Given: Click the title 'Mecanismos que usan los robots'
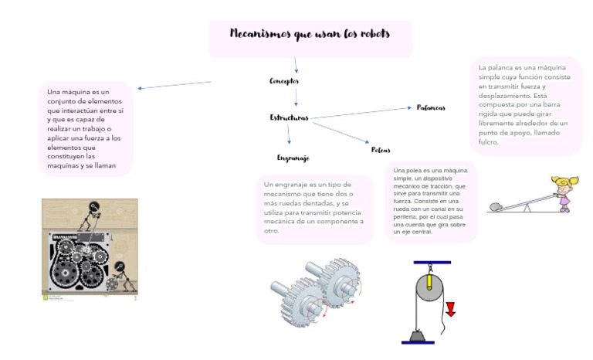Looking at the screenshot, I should click(310, 34).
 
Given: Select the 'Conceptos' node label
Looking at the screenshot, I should click(284, 80).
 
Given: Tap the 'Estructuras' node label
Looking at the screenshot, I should click(289, 118).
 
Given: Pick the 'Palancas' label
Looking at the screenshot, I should click(430, 107).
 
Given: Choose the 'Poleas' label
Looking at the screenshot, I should click(381, 150).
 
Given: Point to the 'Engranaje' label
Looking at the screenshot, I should click(293, 158).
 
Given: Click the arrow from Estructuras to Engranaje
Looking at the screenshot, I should click(290, 133).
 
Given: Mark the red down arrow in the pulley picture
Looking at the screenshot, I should click(450, 308).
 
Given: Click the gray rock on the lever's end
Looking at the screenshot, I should click(496, 206).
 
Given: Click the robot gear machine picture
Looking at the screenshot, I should click(90, 249).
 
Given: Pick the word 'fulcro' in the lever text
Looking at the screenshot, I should click(488, 142).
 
